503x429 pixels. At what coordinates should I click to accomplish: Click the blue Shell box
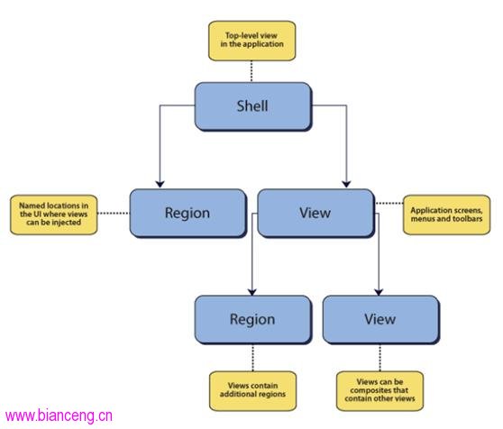pos(253,106)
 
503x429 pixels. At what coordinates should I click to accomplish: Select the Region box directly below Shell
pos(188,214)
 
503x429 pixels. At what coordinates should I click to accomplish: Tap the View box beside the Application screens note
pos(316,214)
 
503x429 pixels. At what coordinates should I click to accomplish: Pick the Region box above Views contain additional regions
pos(253,320)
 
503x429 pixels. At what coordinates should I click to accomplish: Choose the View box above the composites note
pos(381,320)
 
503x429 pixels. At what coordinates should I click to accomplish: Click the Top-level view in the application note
pos(251,41)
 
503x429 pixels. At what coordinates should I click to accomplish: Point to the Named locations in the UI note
pos(54,214)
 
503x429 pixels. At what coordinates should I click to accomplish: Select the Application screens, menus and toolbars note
pos(446,214)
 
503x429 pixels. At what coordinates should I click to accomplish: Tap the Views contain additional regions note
pos(252,391)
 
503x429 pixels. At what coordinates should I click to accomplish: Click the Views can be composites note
pos(380,391)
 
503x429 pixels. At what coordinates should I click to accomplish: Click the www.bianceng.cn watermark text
pos(59,415)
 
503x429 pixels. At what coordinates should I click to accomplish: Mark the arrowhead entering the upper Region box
pos(160,184)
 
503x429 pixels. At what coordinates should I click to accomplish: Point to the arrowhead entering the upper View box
pos(346,184)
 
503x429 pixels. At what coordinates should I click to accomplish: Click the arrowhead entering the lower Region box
pos(252,291)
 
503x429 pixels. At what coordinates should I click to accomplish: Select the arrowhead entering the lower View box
pos(379,291)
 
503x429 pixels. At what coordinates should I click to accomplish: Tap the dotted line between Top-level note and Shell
pos(251,71)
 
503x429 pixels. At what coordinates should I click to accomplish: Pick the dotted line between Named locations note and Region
pos(114,214)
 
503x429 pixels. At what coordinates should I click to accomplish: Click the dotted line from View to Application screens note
pos(389,204)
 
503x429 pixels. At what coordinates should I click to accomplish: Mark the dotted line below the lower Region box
pos(252,358)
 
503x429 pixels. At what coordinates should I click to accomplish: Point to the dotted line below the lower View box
pos(380,358)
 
